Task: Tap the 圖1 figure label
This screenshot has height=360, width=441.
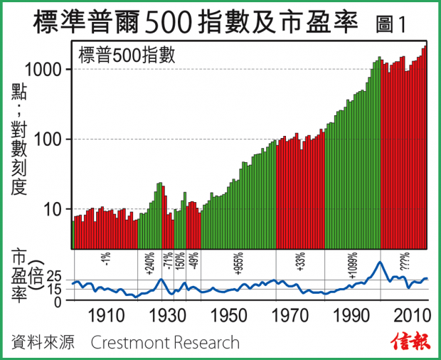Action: pyautogui.click(x=390, y=23)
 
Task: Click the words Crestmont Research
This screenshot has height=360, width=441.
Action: pyautogui.click(x=165, y=343)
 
